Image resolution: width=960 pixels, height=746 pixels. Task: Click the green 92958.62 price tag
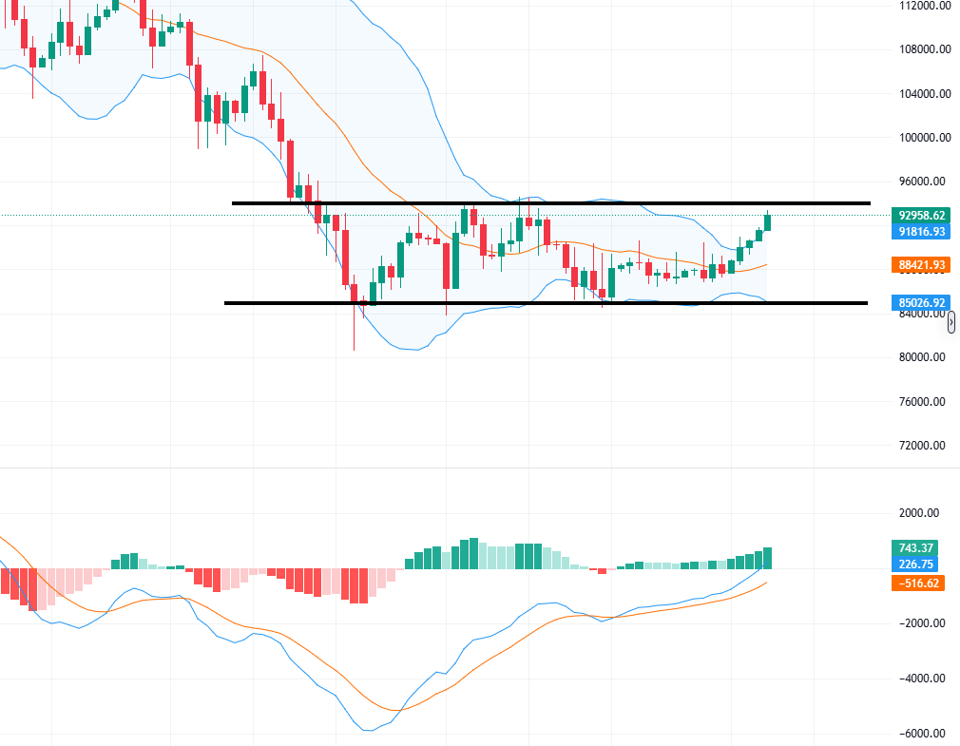pyautogui.click(x=919, y=216)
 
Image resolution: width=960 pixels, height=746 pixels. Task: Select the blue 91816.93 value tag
pyautogui.click(x=919, y=231)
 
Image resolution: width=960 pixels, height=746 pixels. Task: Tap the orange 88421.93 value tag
pyautogui.click(x=919, y=265)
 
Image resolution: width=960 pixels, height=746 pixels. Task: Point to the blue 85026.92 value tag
pyautogui.click(x=919, y=303)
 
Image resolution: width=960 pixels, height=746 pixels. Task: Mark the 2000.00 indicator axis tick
pyautogui.click(x=917, y=513)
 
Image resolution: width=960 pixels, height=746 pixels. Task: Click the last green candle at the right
pyautogui.click(x=768, y=221)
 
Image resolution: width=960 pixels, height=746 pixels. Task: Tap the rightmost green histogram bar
pyautogui.click(x=768, y=559)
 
